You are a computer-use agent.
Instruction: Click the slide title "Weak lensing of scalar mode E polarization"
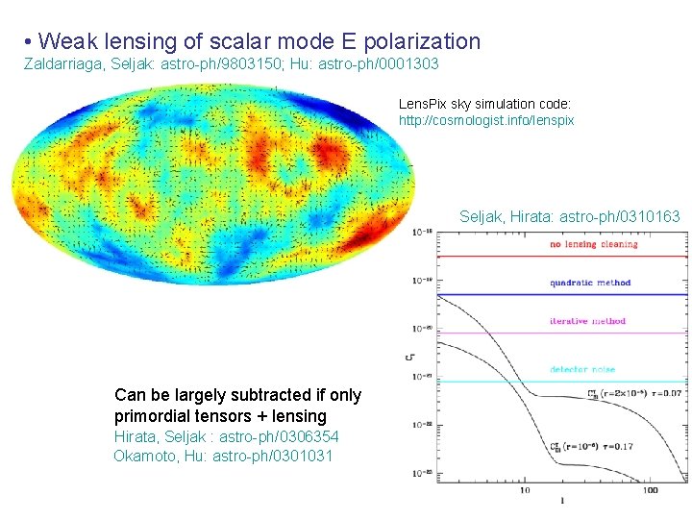[x=260, y=41]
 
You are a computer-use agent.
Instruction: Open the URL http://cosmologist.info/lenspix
[x=486, y=121]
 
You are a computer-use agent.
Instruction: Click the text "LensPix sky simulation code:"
[x=485, y=103]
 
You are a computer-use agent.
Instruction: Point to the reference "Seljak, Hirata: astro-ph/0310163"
[x=569, y=217]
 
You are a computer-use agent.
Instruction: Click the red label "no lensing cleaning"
[x=593, y=245]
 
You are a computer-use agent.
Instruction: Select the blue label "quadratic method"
[x=590, y=283]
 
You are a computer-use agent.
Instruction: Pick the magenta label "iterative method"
[x=587, y=321]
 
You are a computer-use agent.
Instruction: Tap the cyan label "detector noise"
[x=582, y=370]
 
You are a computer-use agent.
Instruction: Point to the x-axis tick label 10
[x=525, y=490]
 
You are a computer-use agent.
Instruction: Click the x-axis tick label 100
[x=651, y=490]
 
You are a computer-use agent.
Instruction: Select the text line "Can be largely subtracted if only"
[x=237, y=395]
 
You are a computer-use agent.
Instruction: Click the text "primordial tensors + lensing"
[x=220, y=416]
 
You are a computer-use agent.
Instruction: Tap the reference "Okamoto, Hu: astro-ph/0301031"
[x=223, y=456]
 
